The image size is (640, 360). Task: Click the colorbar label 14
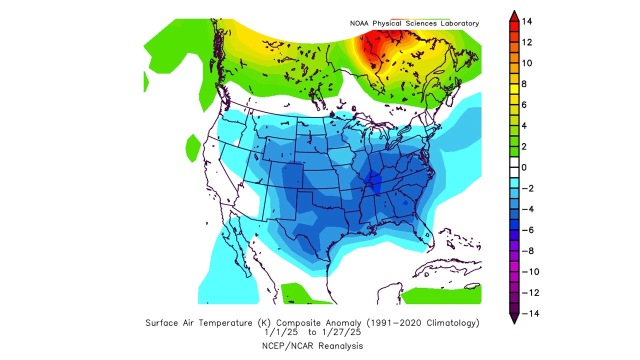(526, 21)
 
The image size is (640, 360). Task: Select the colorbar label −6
(526, 230)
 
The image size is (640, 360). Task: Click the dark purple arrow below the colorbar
(513, 318)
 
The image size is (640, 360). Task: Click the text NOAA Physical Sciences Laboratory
(414, 23)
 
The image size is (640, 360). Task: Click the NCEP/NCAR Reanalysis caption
(312, 345)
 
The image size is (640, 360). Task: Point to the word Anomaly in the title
(357, 323)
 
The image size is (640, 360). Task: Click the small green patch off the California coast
(192, 147)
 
